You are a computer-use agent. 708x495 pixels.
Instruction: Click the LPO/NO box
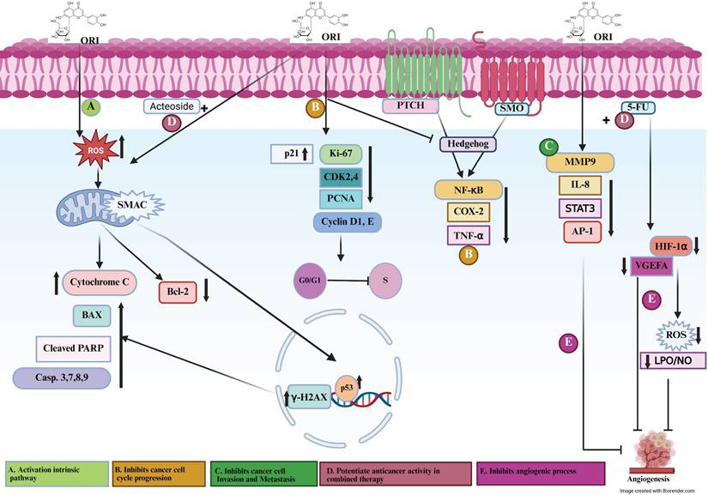point(674,361)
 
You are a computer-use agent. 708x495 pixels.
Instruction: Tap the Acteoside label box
point(172,106)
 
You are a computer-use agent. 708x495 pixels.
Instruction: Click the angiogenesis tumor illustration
point(658,448)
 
